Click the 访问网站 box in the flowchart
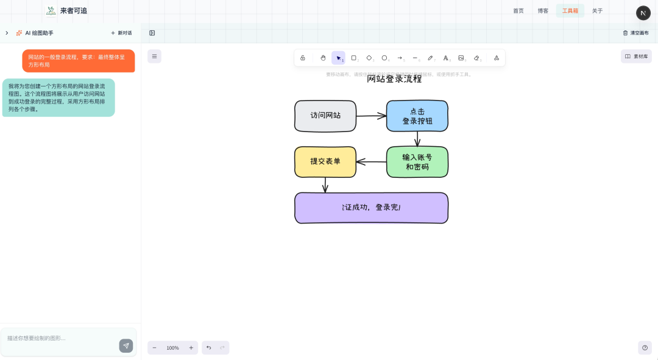point(325,116)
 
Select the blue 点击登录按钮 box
point(417,116)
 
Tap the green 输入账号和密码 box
point(417,162)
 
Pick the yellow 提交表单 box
point(325,162)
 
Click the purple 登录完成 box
point(371,208)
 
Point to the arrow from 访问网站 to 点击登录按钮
point(371,115)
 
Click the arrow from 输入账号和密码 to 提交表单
point(371,162)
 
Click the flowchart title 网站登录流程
point(394,79)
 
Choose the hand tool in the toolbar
point(323,58)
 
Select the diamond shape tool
point(369,58)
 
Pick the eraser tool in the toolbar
point(476,58)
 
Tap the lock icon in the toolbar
point(303,58)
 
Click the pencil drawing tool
point(430,58)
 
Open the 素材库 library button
point(636,56)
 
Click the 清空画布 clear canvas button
point(635,33)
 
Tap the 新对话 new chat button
point(121,33)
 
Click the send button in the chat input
point(126,345)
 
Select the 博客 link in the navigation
point(543,11)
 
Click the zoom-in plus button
point(191,348)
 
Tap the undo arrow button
point(208,348)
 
